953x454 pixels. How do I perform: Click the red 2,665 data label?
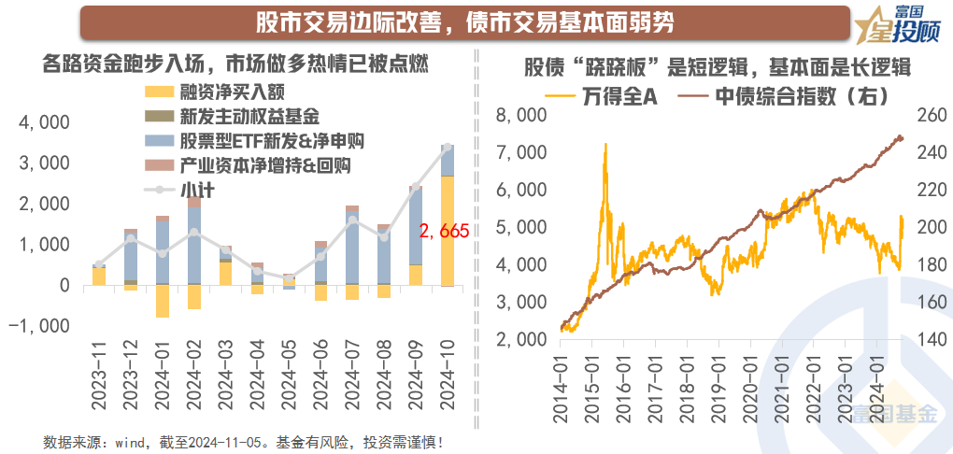(x=444, y=231)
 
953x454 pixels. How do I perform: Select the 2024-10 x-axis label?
(x=448, y=374)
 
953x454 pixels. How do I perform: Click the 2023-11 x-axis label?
(x=99, y=374)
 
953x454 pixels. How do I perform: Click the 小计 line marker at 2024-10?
(x=448, y=147)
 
